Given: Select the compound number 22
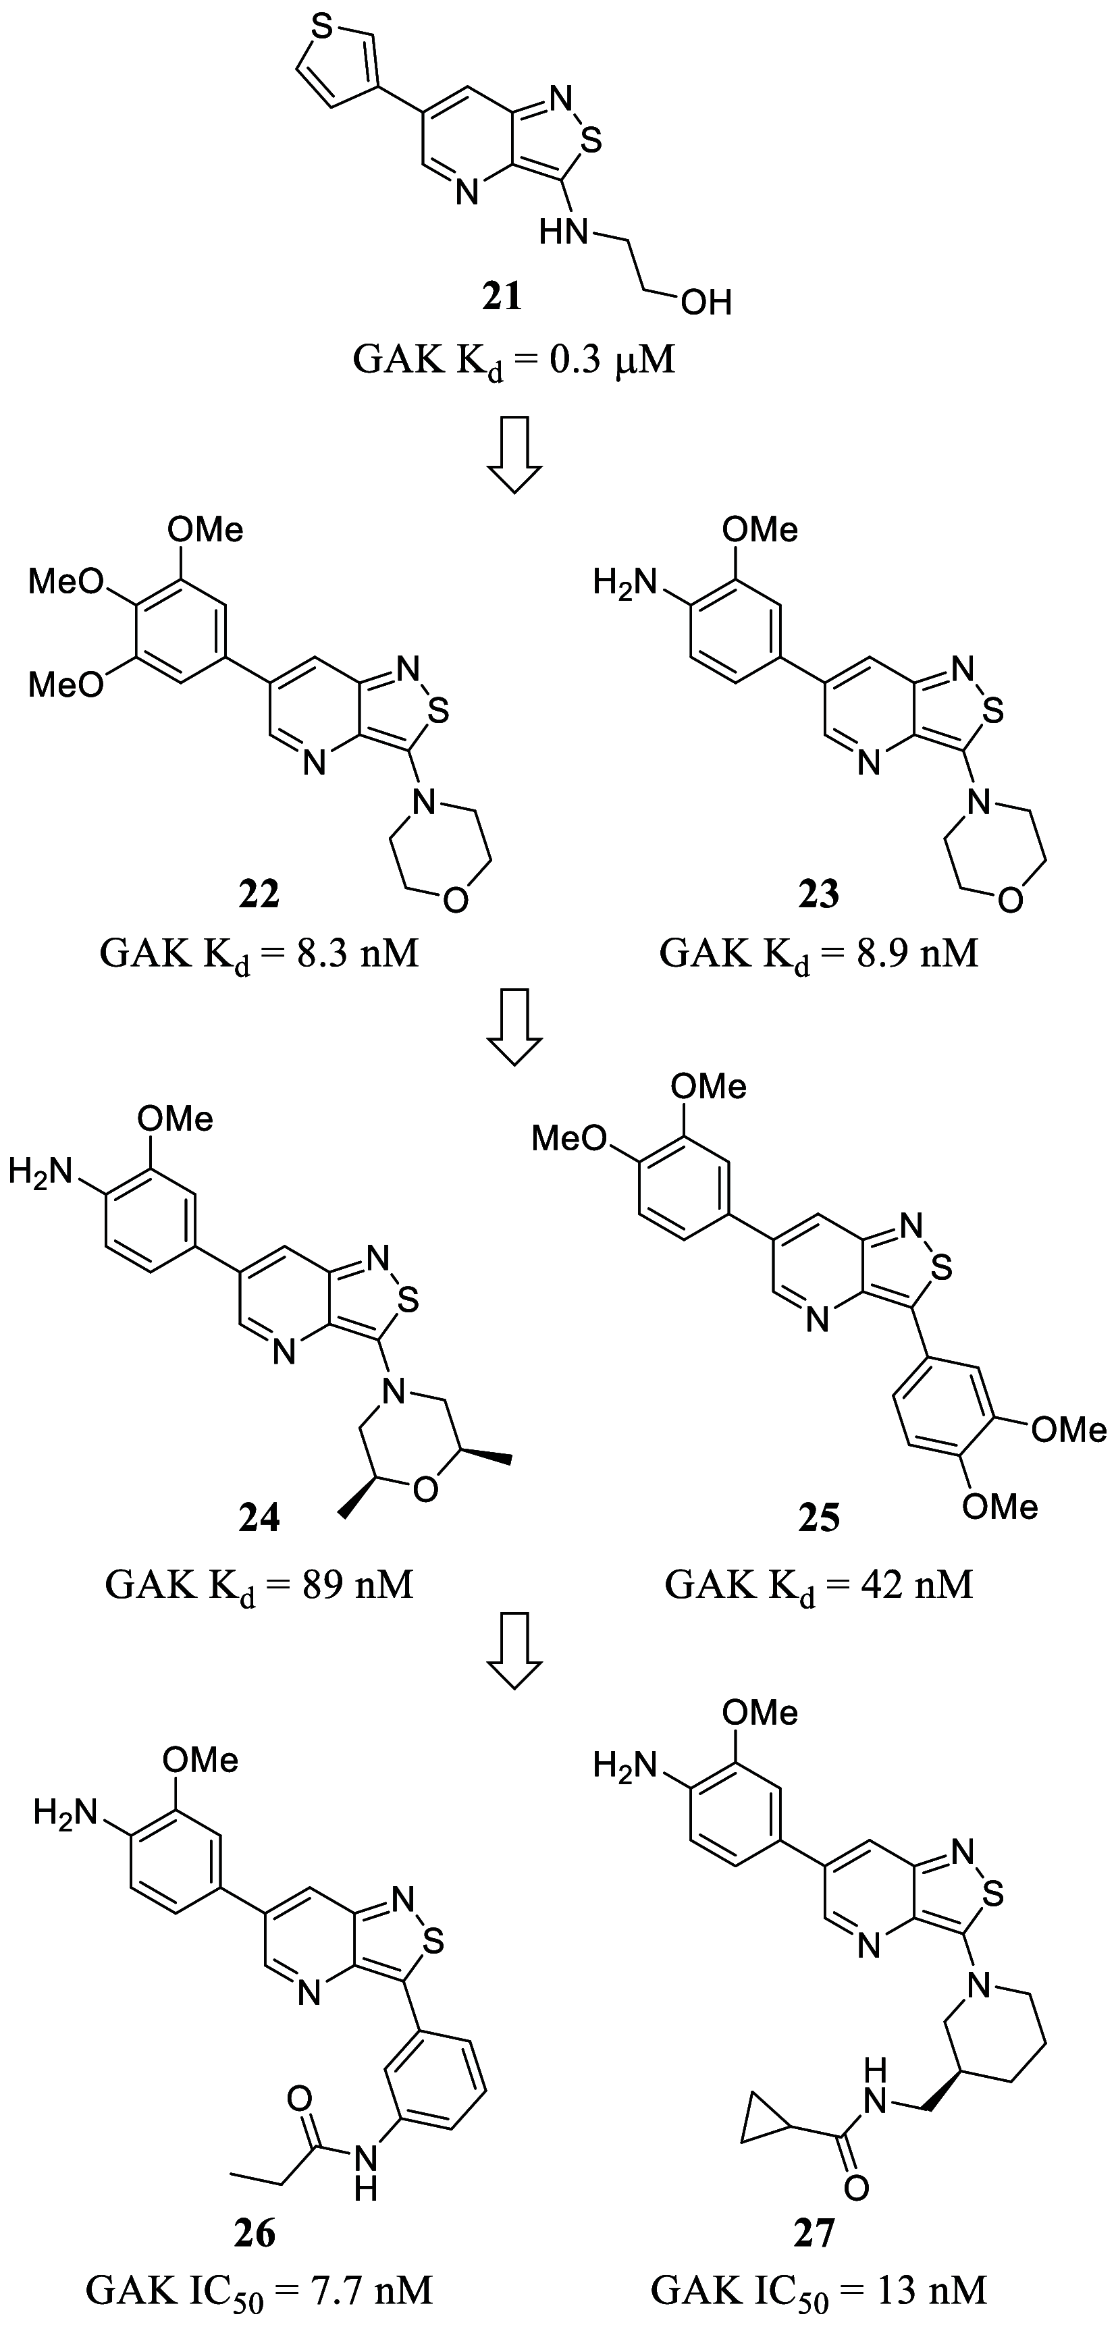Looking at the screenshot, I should tap(259, 894).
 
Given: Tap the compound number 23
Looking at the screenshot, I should tap(818, 894).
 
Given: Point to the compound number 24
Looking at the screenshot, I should tap(259, 1518).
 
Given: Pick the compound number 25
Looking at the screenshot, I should tap(818, 1518).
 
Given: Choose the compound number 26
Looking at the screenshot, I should tap(255, 2233).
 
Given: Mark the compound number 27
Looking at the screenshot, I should tap(814, 2233).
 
